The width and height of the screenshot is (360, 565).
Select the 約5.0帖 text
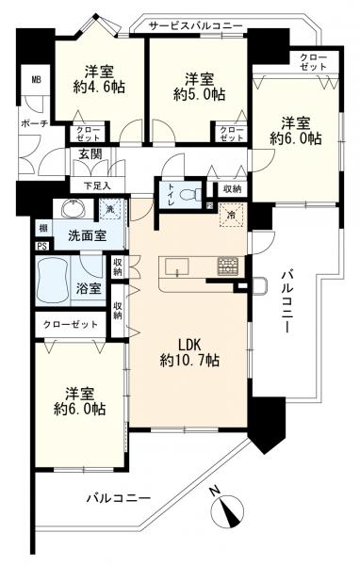point(200,95)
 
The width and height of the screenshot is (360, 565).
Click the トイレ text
point(170,194)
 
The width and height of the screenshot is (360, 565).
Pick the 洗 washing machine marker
point(110,208)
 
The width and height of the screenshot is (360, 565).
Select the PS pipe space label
point(41,247)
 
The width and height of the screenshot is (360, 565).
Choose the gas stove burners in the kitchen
point(228,265)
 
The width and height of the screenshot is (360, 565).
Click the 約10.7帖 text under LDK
point(190,360)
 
